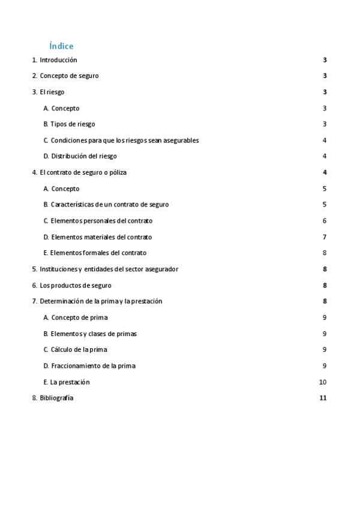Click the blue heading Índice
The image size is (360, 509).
click(x=62, y=46)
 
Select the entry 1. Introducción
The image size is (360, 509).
click(x=55, y=60)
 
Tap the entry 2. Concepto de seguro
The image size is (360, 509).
click(x=65, y=76)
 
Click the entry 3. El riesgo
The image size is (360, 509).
click(x=48, y=92)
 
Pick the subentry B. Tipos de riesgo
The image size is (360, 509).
click(x=69, y=124)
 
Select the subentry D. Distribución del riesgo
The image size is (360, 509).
click(x=80, y=156)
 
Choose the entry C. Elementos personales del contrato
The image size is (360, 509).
click(x=98, y=221)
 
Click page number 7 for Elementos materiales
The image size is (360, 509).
click(x=325, y=237)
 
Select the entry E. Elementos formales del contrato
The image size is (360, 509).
click(x=95, y=253)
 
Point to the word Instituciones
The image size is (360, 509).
click(x=58, y=269)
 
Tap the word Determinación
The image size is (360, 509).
click(x=63, y=301)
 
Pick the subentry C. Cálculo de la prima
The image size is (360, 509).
click(x=75, y=349)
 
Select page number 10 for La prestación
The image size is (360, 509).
click(x=323, y=382)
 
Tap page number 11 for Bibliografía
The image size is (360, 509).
click(x=323, y=398)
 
